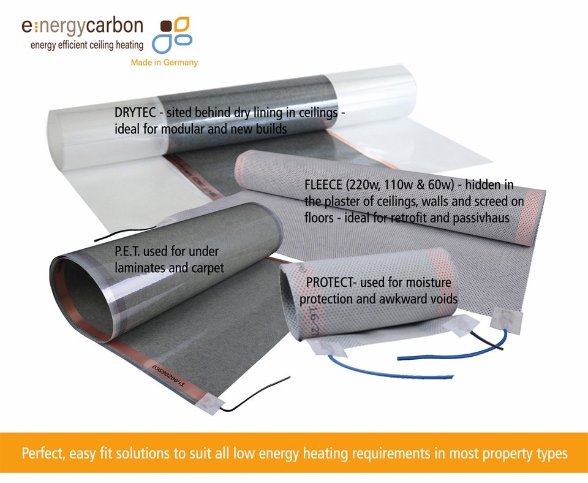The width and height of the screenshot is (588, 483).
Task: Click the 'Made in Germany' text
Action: point(164,62)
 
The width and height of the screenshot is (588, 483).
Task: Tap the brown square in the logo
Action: point(166,26)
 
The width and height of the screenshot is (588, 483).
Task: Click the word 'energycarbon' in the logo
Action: point(82,26)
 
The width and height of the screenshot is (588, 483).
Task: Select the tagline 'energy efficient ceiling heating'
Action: point(87,45)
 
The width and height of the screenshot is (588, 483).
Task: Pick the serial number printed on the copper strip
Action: point(168,375)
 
